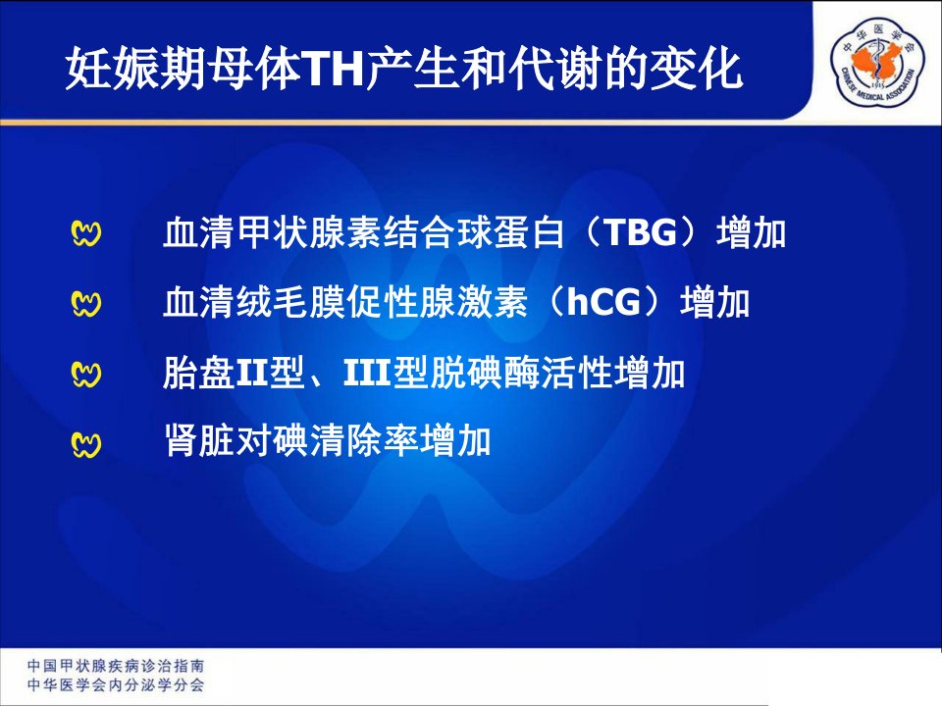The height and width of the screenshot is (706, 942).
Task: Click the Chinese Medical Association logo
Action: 877,62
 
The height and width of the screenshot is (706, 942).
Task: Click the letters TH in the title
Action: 334,70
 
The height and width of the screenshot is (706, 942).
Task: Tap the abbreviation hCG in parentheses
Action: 603,301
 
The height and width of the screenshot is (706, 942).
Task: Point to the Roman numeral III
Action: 367,373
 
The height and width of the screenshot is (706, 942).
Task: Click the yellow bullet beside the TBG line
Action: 86,233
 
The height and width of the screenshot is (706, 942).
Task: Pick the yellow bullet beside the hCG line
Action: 86,303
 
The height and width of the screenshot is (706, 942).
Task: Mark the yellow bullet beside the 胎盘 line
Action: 86,374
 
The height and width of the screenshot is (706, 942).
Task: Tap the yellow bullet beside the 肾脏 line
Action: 86,444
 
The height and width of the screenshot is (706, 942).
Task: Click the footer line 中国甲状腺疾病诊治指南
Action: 116,665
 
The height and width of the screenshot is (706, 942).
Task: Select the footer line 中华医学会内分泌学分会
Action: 116,685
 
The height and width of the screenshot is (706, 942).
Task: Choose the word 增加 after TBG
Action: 752,231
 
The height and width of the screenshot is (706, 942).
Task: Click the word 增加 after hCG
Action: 715,301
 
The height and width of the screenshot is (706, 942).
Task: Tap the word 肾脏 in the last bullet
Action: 199,441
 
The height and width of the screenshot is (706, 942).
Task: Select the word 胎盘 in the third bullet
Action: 198,373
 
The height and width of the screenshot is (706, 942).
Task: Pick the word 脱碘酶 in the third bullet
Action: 485,373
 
